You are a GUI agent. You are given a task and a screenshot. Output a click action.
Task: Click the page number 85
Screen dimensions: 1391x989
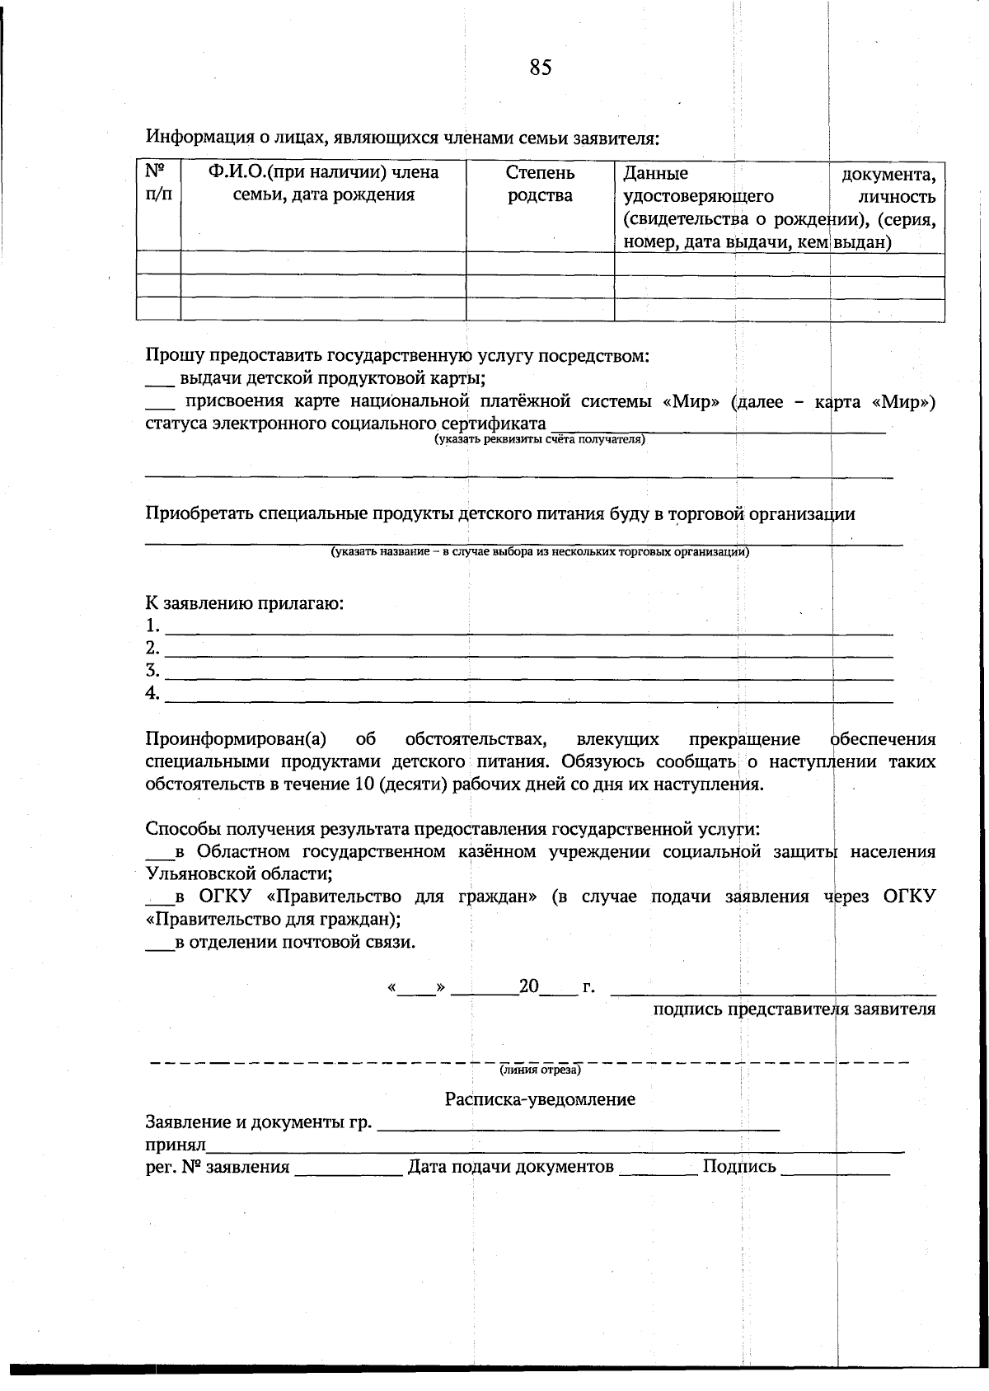(x=541, y=68)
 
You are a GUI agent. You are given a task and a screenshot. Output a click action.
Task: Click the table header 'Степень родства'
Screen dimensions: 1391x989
(x=540, y=185)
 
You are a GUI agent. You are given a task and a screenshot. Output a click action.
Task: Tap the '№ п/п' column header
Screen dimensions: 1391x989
(x=158, y=185)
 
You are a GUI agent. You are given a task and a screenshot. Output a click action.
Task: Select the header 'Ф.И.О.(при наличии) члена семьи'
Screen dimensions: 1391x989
(x=323, y=185)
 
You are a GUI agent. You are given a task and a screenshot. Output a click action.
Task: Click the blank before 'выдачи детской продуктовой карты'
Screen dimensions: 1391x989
(x=159, y=381)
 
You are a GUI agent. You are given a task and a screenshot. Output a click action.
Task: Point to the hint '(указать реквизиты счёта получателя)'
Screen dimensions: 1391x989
(x=540, y=440)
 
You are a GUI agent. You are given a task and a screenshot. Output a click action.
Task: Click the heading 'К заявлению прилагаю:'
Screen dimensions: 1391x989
(x=244, y=603)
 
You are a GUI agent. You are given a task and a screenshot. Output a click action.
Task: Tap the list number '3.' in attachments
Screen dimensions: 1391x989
(x=152, y=670)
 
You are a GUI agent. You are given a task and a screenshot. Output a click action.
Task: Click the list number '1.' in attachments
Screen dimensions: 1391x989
(x=152, y=625)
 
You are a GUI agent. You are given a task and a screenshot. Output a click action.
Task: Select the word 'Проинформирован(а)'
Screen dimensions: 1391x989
(x=237, y=739)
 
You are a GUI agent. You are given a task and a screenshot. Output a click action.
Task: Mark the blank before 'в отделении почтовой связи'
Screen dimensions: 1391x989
(x=159, y=944)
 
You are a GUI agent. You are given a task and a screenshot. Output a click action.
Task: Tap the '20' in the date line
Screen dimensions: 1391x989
(x=528, y=986)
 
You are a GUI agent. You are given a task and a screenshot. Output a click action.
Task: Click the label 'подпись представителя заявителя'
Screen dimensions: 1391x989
(x=794, y=1009)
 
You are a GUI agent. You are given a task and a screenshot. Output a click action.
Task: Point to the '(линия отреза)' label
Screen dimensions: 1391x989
(x=540, y=1070)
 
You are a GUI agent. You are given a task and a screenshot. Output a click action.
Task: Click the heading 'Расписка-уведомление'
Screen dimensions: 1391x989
(x=540, y=1099)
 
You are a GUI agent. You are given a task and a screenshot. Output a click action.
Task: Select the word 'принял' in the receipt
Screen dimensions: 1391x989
(x=176, y=1145)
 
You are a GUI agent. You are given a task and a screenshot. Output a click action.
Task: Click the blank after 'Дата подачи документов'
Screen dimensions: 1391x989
(x=658, y=1169)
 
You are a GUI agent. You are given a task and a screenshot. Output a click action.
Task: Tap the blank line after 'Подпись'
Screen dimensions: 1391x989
(x=834, y=1169)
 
